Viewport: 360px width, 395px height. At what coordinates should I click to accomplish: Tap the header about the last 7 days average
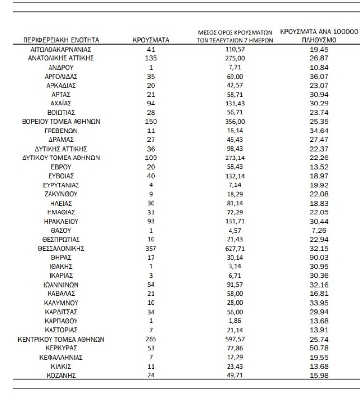[231, 36]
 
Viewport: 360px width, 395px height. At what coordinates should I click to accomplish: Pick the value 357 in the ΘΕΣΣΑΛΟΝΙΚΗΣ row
[151, 248]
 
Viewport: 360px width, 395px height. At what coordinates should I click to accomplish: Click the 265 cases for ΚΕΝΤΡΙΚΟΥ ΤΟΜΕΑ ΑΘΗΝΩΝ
[151, 339]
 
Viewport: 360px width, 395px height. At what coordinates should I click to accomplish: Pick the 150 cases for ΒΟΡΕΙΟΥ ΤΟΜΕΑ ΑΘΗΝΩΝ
[151, 121]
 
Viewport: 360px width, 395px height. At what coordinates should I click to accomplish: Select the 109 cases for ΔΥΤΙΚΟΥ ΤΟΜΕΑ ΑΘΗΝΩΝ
[151, 158]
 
